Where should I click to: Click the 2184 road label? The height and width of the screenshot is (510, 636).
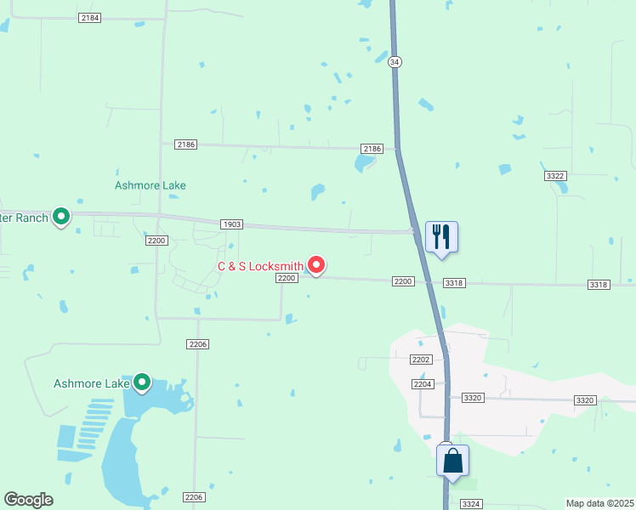tap(88, 17)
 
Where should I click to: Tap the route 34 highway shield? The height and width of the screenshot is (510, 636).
tap(394, 62)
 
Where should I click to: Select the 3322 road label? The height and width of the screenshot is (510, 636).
tap(555, 175)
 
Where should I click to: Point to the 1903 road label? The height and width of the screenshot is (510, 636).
tap(231, 224)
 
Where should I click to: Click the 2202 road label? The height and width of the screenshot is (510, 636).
tap(421, 360)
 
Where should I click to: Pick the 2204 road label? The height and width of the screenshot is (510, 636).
tap(423, 384)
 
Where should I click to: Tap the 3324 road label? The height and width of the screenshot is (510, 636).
tap(472, 505)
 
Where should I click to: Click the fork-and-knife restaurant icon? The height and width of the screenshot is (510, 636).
tap(441, 235)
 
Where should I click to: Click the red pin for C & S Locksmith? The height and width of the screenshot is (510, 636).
tap(316, 265)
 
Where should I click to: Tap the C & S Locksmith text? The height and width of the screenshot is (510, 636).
tap(260, 267)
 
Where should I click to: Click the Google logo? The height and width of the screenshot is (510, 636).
tap(28, 500)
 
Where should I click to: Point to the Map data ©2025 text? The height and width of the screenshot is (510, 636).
tap(599, 503)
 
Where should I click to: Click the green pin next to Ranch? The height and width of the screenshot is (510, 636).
tap(61, 217)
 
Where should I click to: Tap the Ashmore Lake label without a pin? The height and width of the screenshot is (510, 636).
tap(150, 185)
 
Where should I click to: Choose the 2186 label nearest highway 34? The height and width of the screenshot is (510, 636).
tap(372, 149)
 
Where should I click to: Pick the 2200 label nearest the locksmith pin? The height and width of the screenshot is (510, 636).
tap(286, 278)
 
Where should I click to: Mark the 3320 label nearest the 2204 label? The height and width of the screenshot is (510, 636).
tap(473, 398)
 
